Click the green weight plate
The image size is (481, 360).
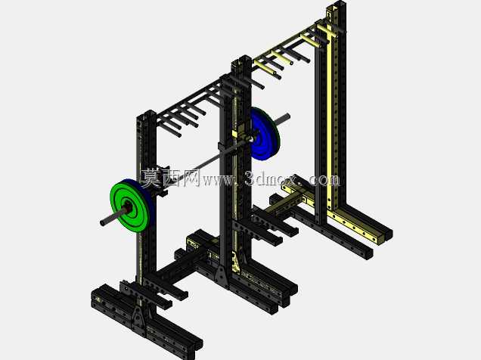(x=129, y=206)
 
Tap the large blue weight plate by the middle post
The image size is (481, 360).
(x=265, y=134)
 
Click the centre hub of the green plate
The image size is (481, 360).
(x=128, y=207)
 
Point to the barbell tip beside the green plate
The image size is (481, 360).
(x=104, y=222)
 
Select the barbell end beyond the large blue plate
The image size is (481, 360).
(x=287, y=116)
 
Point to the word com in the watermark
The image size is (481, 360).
(x=324, y=180)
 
